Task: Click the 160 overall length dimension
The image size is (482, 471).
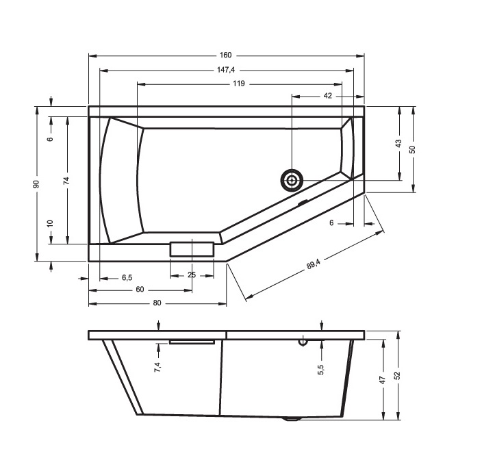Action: click(x=225, y=55)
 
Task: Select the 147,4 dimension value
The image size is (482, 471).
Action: click(x=226, y=70)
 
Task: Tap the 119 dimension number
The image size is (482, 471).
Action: click(x=239, y=84)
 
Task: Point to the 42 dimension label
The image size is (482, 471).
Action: click(x=328, y=96)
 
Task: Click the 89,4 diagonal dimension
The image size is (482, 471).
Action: click(x=314, y=264)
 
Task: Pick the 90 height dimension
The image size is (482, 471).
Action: click(x=36, y=184)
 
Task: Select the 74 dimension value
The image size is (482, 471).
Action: click(x=66, y=181)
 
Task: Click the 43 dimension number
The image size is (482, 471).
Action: click(x=398, y=143)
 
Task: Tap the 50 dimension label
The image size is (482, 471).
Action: click(x=413, y=149)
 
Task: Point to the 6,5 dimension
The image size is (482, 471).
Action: click(x=127, y=278)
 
